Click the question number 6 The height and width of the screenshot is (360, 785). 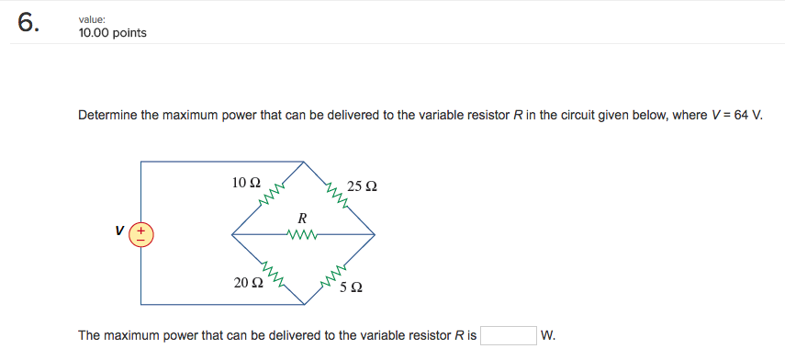(x=28, y=24)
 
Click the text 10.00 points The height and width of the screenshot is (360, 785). (x=112, y=33)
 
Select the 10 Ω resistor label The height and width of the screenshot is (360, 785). (x=247, y=183)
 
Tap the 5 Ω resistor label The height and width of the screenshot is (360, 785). (x=351, y=287)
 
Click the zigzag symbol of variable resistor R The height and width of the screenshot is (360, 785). (x=302, y=234)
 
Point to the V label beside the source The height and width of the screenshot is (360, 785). (x=119, y=233)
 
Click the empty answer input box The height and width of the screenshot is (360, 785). (x=509, y=335)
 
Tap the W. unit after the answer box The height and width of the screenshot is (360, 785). (x=549, y=335)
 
